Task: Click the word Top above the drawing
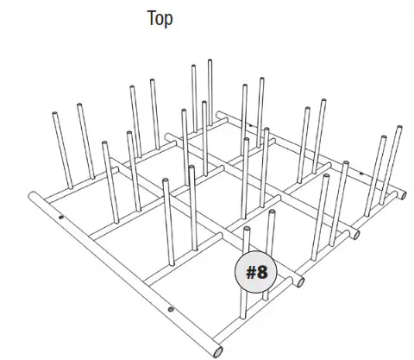click(159, 19)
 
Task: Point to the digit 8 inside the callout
click(263, 273)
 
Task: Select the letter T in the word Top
click(151, 19)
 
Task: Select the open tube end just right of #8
click(299, 281)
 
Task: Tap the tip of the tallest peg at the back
click(210, 62)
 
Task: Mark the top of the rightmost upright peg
click(398, 129)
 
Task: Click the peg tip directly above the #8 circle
click(248, 230)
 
